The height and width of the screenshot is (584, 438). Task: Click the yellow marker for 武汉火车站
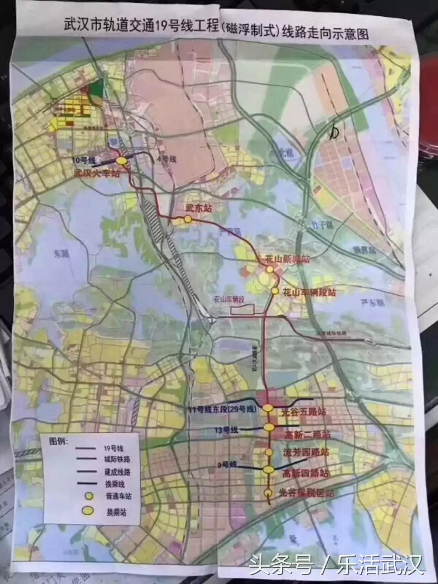click(122, 161)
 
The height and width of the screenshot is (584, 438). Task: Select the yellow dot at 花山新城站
click(270, 269)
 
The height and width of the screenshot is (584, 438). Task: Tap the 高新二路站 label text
click(307, 435)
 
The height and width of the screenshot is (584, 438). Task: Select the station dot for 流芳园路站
click(268, 452)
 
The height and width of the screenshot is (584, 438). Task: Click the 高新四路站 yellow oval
click(268, 470)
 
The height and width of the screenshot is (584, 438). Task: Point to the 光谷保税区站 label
click(307, 493)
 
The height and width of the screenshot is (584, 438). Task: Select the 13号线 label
click(227, 430)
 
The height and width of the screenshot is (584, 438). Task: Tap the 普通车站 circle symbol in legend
click(88, 496)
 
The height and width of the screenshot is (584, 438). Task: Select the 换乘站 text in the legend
click(116, 512)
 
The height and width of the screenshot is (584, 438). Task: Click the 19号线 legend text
click(114, 449)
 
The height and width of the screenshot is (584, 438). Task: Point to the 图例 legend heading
click(58, 440)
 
